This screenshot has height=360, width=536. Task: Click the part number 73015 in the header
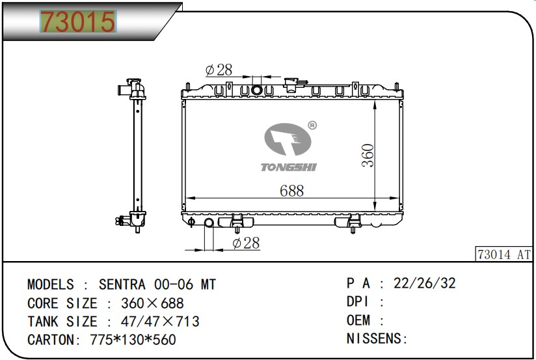78,21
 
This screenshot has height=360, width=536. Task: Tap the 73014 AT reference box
504,255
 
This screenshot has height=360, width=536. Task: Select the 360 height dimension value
368,156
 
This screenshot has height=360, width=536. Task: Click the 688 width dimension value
291,191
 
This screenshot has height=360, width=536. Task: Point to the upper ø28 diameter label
219,70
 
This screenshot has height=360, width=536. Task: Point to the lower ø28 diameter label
246,243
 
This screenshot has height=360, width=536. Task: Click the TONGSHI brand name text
289,167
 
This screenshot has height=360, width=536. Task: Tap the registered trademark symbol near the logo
312,125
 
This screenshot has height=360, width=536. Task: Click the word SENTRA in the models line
122,284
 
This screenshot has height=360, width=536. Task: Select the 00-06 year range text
174,284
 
